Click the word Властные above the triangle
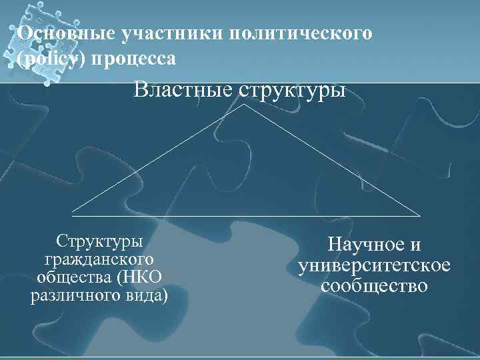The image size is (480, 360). tap(180, 89)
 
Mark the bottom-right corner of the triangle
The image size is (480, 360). tap(421, 215)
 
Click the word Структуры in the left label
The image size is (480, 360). tap(99, 240)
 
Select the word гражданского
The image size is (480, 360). tap(99, 258)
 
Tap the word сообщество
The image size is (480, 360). tap(374, 285)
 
